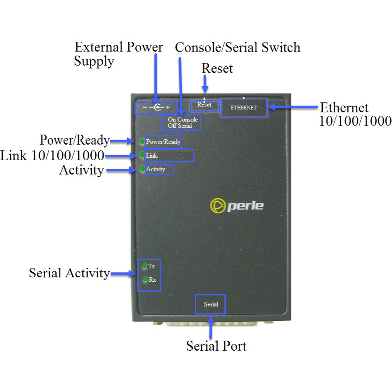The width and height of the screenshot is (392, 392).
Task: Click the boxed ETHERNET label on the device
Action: point(244,108)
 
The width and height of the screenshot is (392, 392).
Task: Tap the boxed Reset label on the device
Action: point(204,105)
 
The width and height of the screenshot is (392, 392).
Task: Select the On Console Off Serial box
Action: point(182,123)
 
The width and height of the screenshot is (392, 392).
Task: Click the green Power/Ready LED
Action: point(142,142)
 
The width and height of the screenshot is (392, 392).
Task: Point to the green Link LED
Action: point(142,155)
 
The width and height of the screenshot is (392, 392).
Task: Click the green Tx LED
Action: point(145,266)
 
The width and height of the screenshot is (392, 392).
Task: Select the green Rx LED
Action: point(145,279)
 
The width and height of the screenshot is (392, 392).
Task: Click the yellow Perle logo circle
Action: point(218,206)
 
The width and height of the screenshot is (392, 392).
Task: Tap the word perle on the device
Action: point(245,206)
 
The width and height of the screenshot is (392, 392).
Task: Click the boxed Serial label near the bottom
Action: point(211,304)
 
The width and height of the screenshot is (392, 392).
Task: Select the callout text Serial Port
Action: point(216,346)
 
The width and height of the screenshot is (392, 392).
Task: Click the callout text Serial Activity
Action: point(69,273)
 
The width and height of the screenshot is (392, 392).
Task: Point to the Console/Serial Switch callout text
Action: point(237,48)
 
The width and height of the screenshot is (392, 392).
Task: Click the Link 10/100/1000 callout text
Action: point(52,155)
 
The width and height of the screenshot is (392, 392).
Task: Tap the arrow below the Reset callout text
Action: point(205,83)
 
